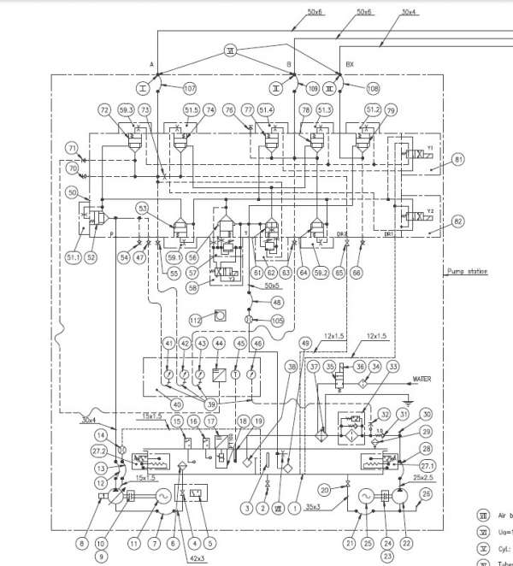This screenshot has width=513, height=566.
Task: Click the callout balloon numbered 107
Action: tap(189, 87)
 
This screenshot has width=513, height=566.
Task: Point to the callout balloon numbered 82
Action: tap(458, 221)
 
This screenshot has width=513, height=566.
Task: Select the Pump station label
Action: tap(466, 271)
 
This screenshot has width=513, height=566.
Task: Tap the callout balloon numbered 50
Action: tap(72, 193)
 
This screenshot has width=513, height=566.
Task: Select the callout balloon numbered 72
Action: tap(105, 111)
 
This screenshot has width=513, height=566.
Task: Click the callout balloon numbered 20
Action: tap(325, 489)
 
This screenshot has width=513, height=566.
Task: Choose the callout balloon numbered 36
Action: tap(360, 365)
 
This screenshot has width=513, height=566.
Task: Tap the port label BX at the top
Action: tap(349, 64)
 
